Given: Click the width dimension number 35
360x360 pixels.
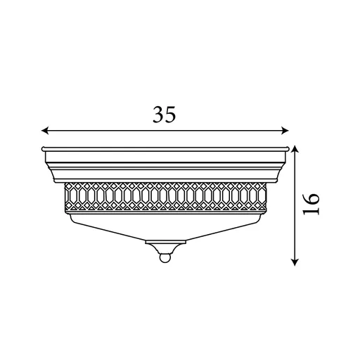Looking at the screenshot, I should [x=164, y=114].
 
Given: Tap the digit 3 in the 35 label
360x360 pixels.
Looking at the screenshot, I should [x=158, y=114].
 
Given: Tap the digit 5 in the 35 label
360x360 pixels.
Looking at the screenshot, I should [x=170, y=114].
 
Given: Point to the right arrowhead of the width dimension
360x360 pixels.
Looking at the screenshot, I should [x=285, y=130].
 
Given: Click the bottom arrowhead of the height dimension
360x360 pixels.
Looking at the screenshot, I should [x=295, y=262].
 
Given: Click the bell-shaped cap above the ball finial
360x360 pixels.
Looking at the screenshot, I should [x=165, y=247].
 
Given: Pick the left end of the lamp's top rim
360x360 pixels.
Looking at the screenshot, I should [x=42, y=149].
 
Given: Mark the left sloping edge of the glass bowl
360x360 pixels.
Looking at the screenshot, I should [x=105, y=226].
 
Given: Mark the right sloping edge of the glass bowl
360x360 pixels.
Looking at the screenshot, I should [x=225, y=226].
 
